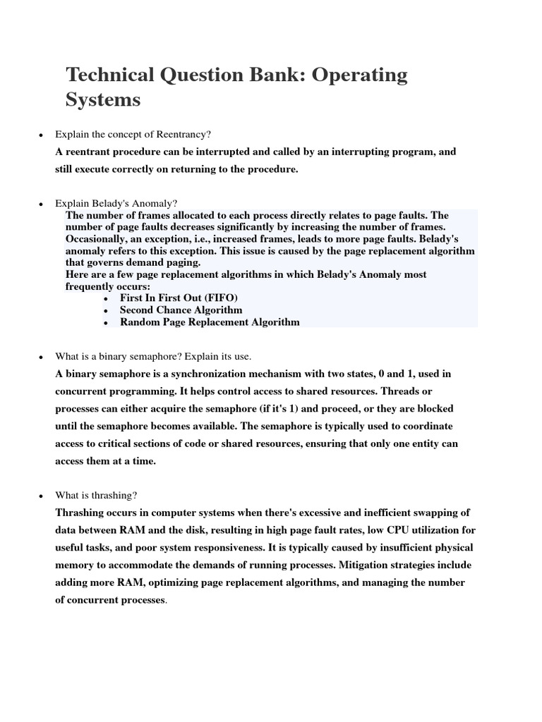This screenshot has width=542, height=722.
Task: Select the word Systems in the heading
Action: click(103, 100)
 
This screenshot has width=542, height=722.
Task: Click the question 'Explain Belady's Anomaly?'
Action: click(116, 203)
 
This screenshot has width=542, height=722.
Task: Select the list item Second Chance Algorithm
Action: click(181, 310)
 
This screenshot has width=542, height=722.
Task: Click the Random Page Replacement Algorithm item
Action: click(210, 322)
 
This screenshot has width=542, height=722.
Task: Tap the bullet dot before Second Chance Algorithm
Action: click(105, 311)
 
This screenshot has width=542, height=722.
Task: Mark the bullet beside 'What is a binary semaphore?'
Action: click(41, 357)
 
